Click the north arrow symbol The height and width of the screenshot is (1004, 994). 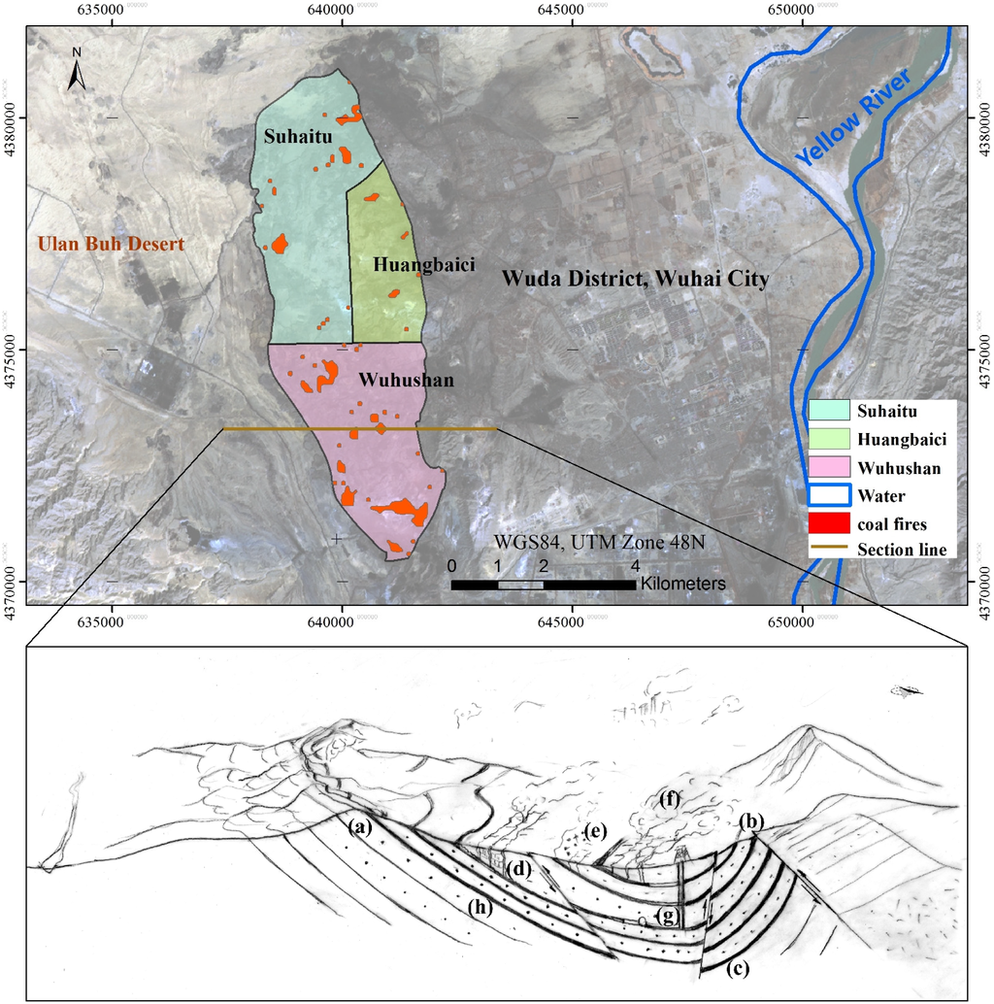pyautogui.click(x=77, y=69)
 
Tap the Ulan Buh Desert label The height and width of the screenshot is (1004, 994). pyautogui.click(x=110, y=245)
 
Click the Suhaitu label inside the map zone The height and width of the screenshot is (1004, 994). pyautogui.click(x=296, y=136)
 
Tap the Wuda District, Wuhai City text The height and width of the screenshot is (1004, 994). pyautogui.click(x=635, y=280)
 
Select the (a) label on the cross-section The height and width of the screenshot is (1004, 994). pyautogui.click(x=360, y=827)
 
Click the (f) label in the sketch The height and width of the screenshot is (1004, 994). pyautogui.click(x=669, y=800)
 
